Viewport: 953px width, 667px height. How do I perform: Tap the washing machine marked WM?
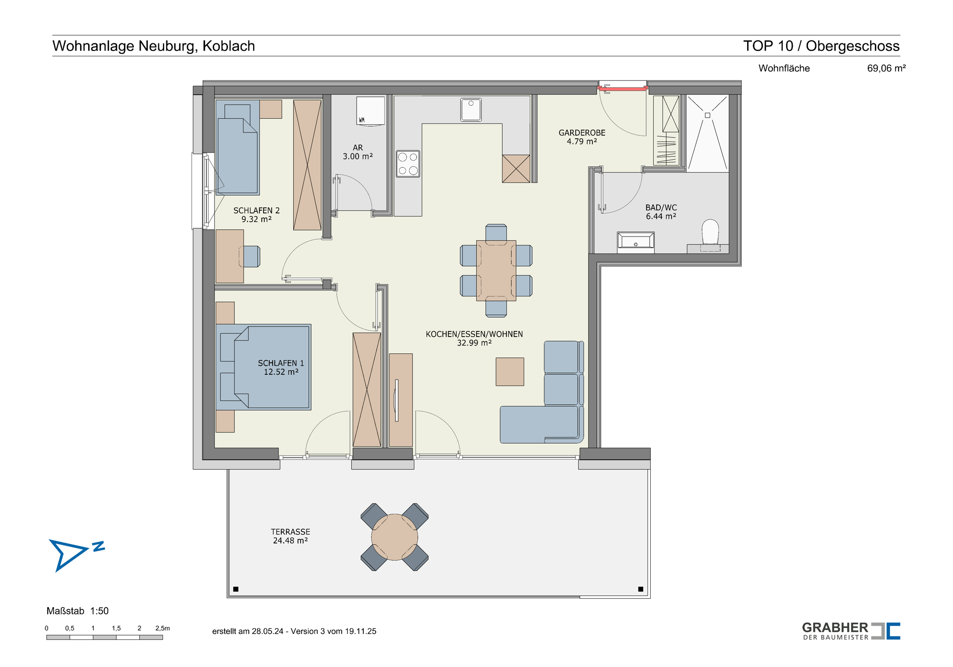(370, 111)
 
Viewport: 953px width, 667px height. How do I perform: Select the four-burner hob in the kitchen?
(408, 164)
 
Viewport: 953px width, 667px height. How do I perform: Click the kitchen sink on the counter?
(471, 110)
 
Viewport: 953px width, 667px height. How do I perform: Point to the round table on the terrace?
(395, 537)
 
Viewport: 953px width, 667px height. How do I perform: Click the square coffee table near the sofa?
(510, 371)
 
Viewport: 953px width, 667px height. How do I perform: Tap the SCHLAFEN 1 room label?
(281, 363)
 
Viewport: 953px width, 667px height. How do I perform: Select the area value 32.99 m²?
(474, 343)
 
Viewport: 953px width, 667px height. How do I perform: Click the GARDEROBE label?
(582, 133)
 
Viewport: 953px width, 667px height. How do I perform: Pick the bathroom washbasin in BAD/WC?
(635, 241)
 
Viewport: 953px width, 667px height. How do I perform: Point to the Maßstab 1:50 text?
(78, 611)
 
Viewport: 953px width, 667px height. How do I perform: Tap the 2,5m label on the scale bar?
(163, 628)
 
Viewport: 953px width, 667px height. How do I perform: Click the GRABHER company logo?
(851, 631)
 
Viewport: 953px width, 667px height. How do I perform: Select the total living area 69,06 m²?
(886, 68)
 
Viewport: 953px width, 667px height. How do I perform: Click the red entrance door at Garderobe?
(623, 88)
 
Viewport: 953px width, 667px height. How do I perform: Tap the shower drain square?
(707, 115)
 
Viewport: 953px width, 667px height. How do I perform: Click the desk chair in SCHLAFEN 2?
(251, 257)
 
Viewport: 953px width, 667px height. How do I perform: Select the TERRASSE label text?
(290, 532)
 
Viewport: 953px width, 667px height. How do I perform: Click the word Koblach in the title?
(229, 46)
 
